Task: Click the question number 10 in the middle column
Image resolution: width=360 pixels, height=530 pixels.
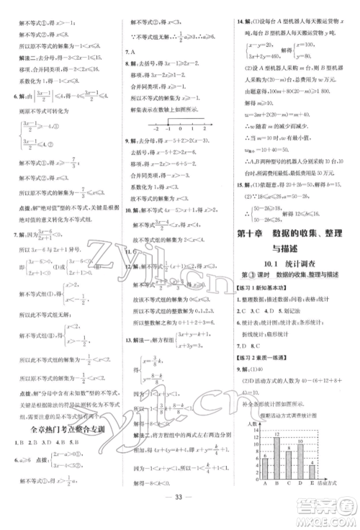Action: [x=127, y=210]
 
